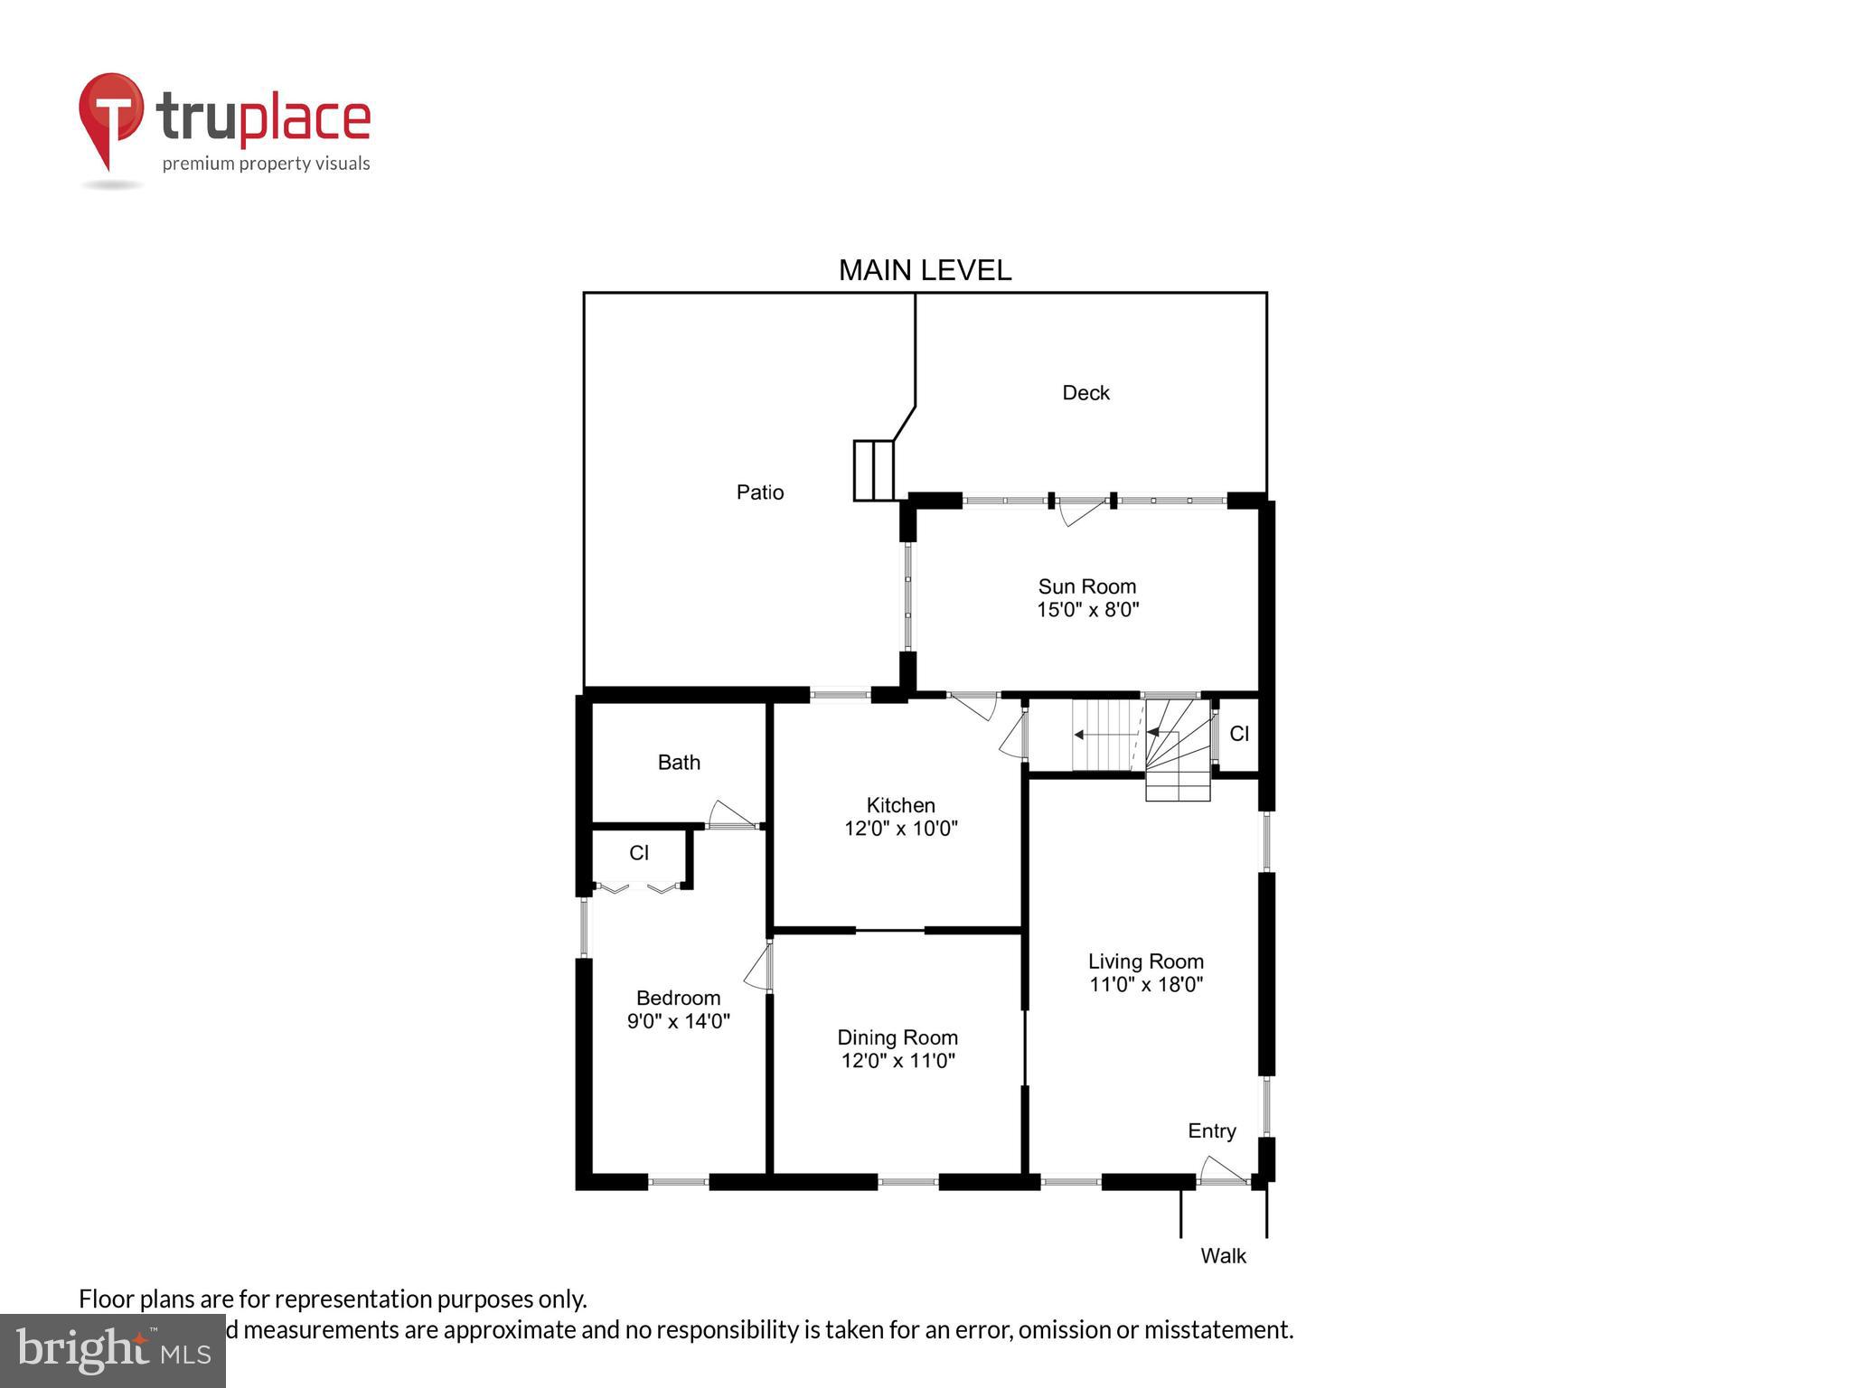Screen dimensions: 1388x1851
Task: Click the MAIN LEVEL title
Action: click(x=925, y=270)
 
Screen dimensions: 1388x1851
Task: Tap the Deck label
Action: click(x=1085, y=393)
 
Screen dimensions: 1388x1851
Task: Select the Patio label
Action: click(x=759, y=492)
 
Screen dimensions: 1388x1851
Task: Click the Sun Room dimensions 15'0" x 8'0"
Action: click(x=1087, y=610)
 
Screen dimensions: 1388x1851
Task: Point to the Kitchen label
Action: click(x=900, y=805)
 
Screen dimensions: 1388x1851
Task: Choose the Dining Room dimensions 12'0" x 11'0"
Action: click(x=898, y=1061)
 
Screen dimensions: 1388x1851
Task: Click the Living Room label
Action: click(x=1145, y=961)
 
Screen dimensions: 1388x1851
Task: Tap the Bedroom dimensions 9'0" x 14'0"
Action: click(x=678, y=1022)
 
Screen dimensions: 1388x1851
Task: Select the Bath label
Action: click(x=679, y=763)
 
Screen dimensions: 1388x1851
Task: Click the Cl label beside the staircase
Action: click(x=1239, y=734)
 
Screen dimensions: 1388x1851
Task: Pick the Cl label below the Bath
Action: click(x=639, y=853)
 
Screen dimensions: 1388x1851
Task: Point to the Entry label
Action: click(x=1211, y=1131)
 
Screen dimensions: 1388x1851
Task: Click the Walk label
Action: click(x=1223, y=1256)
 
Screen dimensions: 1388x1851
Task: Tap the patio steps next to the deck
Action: click(x=873, y=470)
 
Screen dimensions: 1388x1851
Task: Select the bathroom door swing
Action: click(x=730, y=814)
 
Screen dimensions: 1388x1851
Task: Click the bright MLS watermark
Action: click(x=112, y=1350)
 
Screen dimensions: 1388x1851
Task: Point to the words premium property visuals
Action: click(x=266, y=164)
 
